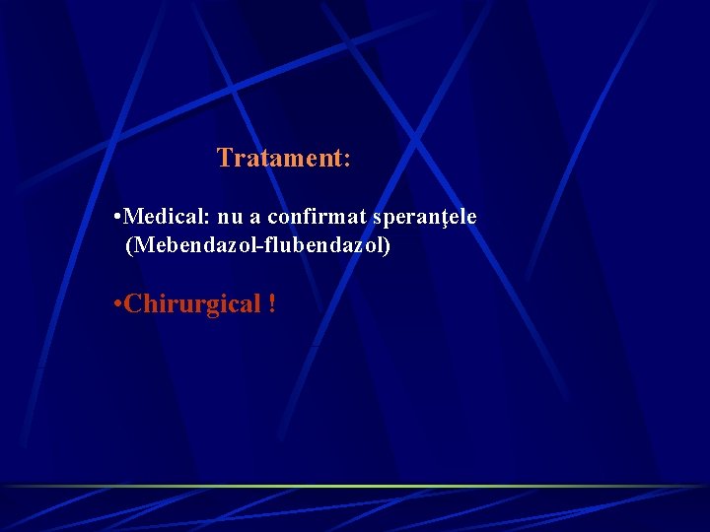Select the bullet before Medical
click(x=117, y=215)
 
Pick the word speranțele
click(x=424, y=216)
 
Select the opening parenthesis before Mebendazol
click(x=128, y=245)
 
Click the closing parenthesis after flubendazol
click(x=388, y=245)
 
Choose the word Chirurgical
click(x=193, y=304)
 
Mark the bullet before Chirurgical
click(x=117, y=303)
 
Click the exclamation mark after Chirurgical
click(x=271, y=304)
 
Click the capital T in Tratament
click(x=224, y=158)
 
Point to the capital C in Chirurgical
click(x=133, y=304)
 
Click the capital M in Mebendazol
click(x=141, y=245)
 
